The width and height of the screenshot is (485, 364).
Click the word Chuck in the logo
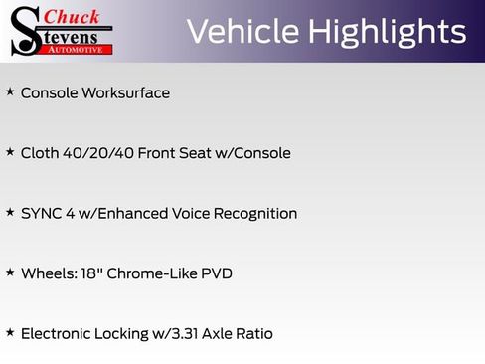(73, 16)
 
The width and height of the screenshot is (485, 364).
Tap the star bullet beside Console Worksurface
(10, 91)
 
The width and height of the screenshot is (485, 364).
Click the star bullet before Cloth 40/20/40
(10, 152)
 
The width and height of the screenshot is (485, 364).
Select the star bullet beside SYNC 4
(10, 212)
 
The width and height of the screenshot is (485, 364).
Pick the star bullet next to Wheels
(10, 272)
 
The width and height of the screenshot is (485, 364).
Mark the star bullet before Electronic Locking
(10, 332)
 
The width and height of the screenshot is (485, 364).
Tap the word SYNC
(40, 213)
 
